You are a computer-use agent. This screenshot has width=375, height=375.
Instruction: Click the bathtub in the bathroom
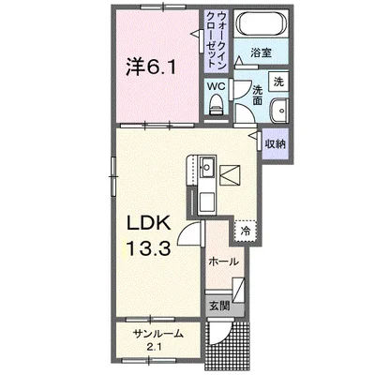coord(262,23)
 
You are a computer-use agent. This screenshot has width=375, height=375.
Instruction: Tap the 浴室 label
coord(261,52)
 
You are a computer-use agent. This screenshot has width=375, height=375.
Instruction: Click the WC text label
coord(217,86)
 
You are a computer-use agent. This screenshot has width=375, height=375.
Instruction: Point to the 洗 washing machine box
coord(278,82)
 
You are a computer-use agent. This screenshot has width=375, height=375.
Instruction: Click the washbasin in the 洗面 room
coord(279,111)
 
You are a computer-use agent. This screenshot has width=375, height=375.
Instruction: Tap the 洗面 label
coord(258,96)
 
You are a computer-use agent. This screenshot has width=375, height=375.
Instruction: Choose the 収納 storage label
coord(275,144)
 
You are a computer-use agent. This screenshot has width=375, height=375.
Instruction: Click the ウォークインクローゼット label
coord(217,39)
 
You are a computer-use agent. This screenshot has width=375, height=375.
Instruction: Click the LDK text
coord(148,223)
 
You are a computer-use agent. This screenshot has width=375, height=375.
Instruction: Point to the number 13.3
coord(148,248)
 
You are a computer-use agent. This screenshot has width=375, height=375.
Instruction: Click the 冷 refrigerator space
coord(246,231)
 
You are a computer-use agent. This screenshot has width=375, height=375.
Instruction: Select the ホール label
coord(223,262)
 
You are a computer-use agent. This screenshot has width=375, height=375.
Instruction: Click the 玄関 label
coord(219,306)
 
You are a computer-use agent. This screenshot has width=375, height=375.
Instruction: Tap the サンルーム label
coord(157,334)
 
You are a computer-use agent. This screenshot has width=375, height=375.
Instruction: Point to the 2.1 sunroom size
coord(157,347)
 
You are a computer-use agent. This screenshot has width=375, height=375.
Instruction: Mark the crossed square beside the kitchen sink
coord(230,175)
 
